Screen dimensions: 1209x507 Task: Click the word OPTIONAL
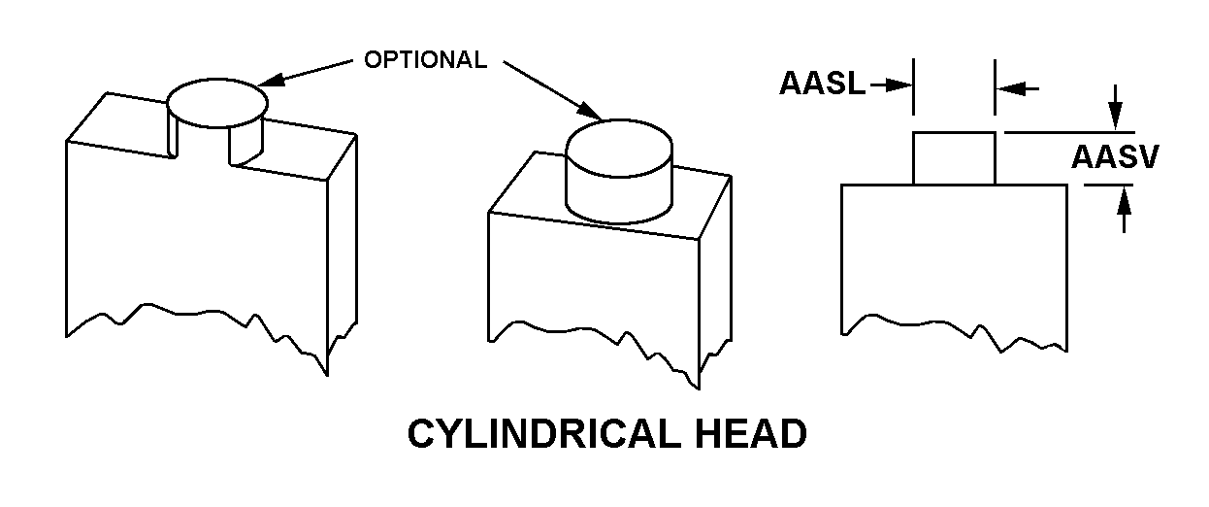pyautogui.click(x=425, y=59)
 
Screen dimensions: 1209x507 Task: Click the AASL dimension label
pyautogui.click(x=822, y=84)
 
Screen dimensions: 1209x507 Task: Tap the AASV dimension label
pyautogui.click(x=1115, y=157)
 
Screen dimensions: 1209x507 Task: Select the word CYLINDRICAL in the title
pyautogui.click(x=543, y=433)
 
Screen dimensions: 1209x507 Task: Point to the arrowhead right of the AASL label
pyautogui.click(x=900, y=84)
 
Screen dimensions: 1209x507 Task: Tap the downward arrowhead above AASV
pyautogui.click(x=1115, y=118)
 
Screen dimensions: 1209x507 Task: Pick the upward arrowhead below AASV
pyautogui.click(x=1124, y=198)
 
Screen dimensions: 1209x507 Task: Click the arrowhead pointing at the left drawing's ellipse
pyautogui.click(x=271, y=81)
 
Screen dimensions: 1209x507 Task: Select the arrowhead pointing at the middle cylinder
pyautogui.click(x=589, y=111)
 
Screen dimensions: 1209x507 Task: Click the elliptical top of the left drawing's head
pyautogui.click(x=217, y=103)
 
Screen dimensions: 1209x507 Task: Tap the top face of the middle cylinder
pyautogui.click(x=619, y=148)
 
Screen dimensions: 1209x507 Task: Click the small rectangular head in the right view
pyautogui.click(x=954, y=158)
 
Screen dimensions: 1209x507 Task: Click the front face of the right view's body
pyautogui.click(x=954, y=259)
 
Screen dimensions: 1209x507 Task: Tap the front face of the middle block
pyautogui.click(x=594, y=287)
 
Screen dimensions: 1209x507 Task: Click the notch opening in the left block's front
pyautogui.click(x=200, y=142)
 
